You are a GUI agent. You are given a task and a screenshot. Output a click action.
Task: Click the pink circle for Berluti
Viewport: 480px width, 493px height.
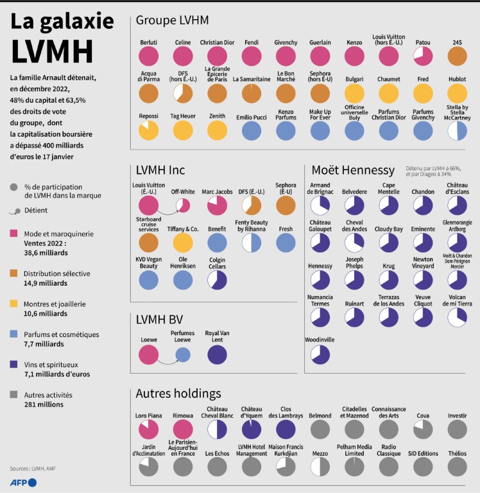point(149,56)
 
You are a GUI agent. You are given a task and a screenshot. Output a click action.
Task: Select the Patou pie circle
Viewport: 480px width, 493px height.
point(423,56)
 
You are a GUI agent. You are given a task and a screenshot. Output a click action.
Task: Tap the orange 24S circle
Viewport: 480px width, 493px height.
point(457,56)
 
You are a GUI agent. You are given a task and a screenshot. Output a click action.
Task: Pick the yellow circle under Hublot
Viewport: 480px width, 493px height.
point(457,93)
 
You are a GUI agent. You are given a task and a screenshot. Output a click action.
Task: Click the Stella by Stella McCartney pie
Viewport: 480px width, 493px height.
point(457,130)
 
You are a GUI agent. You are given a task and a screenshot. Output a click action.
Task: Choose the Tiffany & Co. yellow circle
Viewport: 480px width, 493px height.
point(183,243)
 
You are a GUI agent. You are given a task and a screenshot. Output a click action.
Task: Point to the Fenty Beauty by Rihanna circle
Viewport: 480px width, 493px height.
point(252,243)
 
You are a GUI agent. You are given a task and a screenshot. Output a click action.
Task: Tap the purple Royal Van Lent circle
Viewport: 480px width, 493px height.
point(218,354)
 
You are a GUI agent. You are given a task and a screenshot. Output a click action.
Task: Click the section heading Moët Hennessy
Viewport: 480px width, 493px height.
point(352,170)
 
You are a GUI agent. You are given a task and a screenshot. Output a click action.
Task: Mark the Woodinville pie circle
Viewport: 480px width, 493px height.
point(320,354)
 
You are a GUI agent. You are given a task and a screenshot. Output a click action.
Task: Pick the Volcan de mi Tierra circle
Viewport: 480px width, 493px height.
point(457,316)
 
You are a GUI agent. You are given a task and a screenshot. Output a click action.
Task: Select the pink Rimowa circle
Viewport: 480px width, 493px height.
point(183,429)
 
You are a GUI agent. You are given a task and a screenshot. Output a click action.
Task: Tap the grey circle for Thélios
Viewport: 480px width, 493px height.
point(457,467)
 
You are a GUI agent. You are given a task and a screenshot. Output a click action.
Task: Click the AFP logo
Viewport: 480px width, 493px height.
point(23,481)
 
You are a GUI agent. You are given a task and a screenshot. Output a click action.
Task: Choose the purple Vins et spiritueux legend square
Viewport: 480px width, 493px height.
point(15,365)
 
